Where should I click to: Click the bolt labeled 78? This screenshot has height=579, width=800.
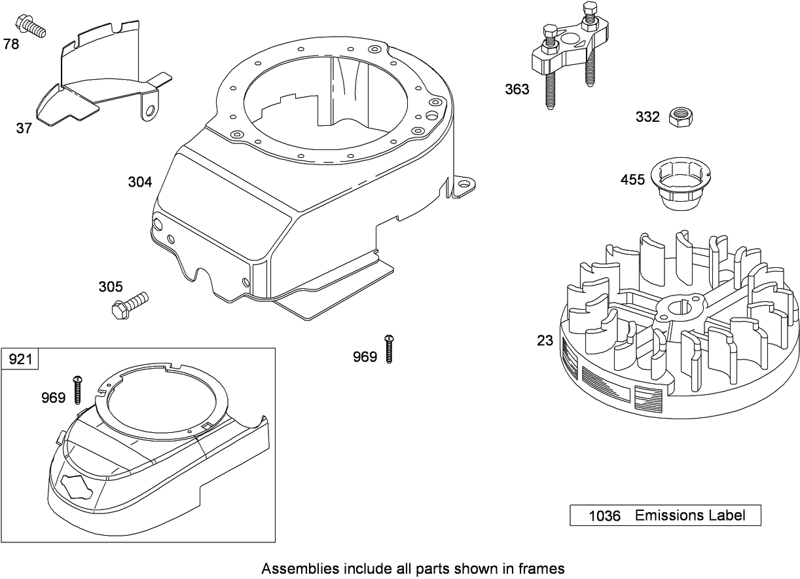click(33, 26)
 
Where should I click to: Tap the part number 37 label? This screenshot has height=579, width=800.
click(24, 128)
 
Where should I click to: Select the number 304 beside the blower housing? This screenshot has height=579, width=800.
click(139, 182)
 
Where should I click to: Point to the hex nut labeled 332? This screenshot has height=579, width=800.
click(682, 118)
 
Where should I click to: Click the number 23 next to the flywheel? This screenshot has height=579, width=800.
click(545, 341)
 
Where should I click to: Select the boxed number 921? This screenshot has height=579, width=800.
click(20, 360)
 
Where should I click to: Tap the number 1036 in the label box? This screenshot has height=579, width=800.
click(604, 516)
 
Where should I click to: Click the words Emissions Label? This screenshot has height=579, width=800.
click(690, 515)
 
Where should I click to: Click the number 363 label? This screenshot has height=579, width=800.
click(517, 90)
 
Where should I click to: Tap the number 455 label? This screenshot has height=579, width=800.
click(632, 179)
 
